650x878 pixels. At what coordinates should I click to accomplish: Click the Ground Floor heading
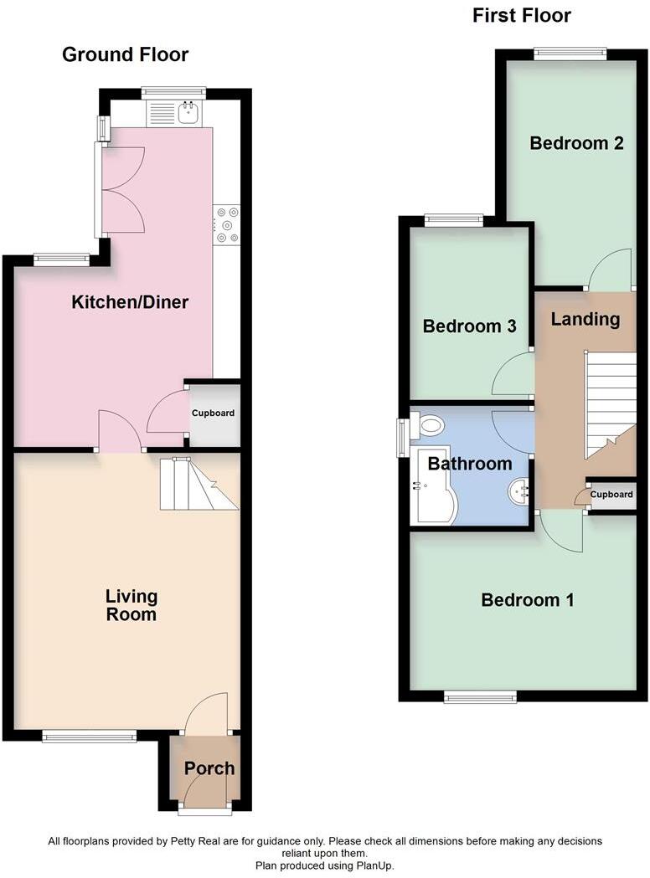pos(126,55)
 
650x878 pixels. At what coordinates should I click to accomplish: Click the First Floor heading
pos(522,15)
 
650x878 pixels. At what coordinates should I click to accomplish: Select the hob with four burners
pos(227,225)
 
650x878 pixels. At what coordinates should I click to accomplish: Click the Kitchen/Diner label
pos(130,302)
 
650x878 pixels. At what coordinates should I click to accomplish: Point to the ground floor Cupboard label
pos(214,413)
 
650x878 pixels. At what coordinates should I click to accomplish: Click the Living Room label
pos(132,605)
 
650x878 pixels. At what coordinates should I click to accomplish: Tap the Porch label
pos(209,768)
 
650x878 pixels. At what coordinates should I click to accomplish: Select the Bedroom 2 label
pos(577,143)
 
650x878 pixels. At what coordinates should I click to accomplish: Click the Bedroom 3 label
pos(469,326)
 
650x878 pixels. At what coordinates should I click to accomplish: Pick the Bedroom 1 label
pos(528,600)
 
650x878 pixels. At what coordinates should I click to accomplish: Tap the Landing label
pos(586,319)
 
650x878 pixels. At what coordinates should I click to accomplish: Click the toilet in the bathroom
pos(429,426)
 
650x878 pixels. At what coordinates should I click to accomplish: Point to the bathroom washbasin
pos(519,491)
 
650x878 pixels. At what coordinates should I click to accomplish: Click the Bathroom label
pos(470,464)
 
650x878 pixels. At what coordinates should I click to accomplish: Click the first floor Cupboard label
pos(611,495)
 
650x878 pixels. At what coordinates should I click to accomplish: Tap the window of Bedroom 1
pos(480,696)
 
